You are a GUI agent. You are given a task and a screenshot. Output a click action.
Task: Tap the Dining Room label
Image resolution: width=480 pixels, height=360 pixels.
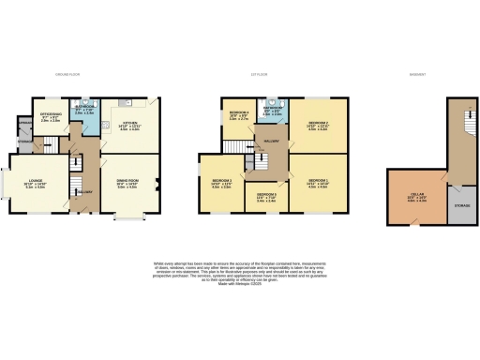click(127, 185)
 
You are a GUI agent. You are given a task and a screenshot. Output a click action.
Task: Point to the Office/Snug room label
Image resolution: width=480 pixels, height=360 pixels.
click(51, 118)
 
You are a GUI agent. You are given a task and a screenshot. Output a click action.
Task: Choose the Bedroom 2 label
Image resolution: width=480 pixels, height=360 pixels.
click(317, 127)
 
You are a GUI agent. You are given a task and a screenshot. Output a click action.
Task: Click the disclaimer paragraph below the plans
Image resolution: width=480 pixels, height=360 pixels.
click(240, 272)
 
